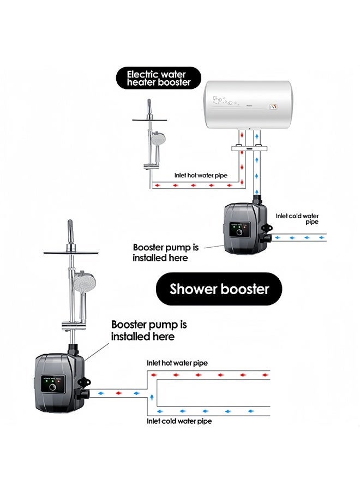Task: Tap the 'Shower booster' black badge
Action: click(219, 289)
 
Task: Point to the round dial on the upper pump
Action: click(239, 232)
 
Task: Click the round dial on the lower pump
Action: click(52, 387)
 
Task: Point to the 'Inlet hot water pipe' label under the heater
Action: click(201, 175)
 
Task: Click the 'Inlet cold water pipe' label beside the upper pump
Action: click(297, 219)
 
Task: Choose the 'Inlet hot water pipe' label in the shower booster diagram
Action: click(177, 363)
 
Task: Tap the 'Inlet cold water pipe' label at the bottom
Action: click(179, 421)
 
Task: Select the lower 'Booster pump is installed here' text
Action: click(149, 330)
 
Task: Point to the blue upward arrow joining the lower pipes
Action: click(152, 397)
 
